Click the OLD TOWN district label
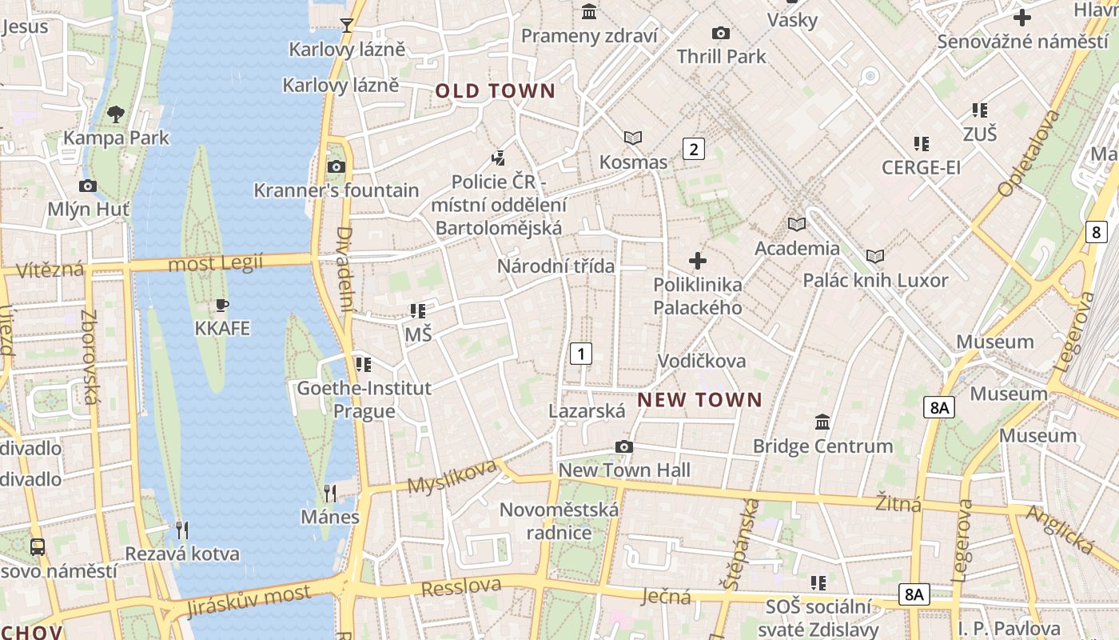coord(495,91)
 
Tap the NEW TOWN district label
coord(699,399)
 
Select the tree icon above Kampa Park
coord(116,114)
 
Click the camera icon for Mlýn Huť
coord(88,186)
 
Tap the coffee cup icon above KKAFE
coord(222,305)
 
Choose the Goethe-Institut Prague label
coord(364,399)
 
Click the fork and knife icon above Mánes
coord(330,492)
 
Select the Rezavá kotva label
coord(182,554)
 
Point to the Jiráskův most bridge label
coord(248,601)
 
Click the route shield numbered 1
coord(581,353)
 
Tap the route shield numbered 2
coord(693,148)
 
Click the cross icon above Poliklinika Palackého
coord(698,260)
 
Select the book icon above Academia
coord(797,224)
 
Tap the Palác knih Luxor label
coord(875,281)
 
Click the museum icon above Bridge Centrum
coord(822,421)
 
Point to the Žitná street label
coord(898,503)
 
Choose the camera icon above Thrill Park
coord(721,33)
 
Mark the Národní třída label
coord(556,266)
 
